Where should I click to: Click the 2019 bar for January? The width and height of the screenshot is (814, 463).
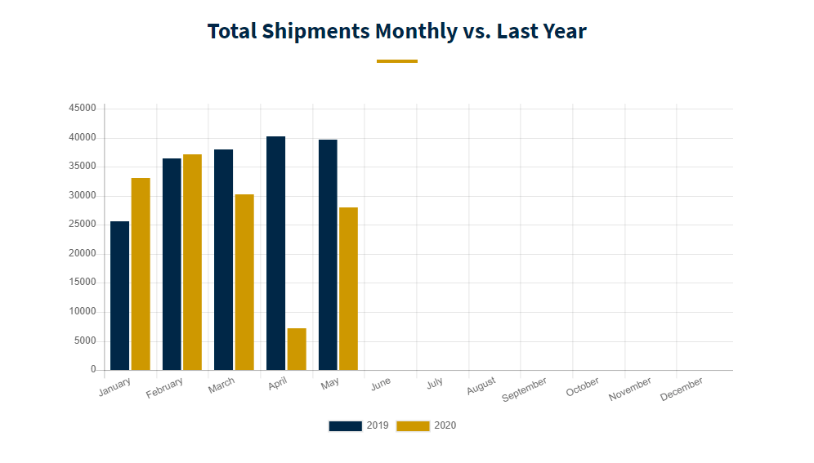[x=119, y=296]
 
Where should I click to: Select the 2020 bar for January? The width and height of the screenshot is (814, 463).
[x=141, y=274]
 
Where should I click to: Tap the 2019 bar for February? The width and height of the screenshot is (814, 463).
[x=172, y=264]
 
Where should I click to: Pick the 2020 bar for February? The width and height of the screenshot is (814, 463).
[x=192, y=262]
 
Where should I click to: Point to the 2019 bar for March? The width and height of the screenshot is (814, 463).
[x=223, y=260]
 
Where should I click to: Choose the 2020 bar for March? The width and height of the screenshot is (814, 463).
[x=244, y=282]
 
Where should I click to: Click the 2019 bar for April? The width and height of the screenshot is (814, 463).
[x=275, y=253]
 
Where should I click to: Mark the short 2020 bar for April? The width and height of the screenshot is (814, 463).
[x=297, y=349]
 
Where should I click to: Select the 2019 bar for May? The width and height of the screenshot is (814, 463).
[x=328, y=255]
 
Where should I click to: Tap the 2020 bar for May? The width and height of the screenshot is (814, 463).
[x=348, y=288]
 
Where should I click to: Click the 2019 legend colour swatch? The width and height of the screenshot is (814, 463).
[x=345, y=425]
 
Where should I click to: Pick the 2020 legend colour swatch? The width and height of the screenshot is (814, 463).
[x=413, y=425]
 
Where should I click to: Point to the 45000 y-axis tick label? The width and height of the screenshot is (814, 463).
[x=83, y=108]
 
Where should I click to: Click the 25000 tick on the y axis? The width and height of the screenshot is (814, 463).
[x=83, y=225]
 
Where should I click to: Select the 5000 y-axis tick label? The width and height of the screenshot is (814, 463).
[x=85, y=341]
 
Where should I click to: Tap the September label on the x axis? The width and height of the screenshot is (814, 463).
[x=524, y=390]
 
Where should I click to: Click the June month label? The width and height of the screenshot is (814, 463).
[x=380, y=383]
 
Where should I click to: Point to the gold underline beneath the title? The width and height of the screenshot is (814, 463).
[x=396, y=61]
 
